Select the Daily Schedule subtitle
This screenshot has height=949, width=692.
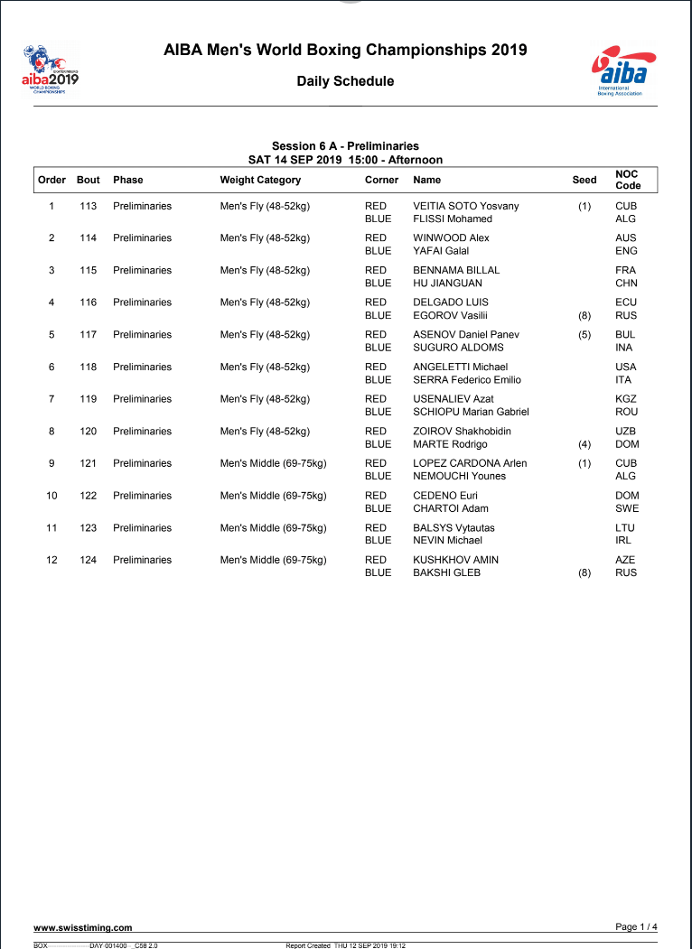pyautogui.click(x=345, y=81)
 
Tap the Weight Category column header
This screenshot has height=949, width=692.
pyautogui.click(x=260, y=180)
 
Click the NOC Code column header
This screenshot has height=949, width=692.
pyautogui.click(x=628, y=180)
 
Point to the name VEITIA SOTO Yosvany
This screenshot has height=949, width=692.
pyautogui.click(x=465, y=206)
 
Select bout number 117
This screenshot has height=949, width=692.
pyautogui.click(x=88, y=334)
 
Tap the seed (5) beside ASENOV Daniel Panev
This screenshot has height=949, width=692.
pyautogui.click(x=584, y=334)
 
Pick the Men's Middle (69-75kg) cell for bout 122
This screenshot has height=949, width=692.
pyautogui.click(x=273, y=495)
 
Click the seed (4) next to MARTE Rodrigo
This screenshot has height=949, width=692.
pyautogui.click(x=584, y=444)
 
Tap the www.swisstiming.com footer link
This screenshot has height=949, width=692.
pyautogui.click(x=83, y=927)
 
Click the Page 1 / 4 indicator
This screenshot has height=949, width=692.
pyautogui.click(x=636, y=926)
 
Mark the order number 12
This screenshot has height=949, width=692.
pyautogui.click(x=51, y=560)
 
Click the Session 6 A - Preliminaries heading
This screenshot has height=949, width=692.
pyautogui.click(x=345, y=146)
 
